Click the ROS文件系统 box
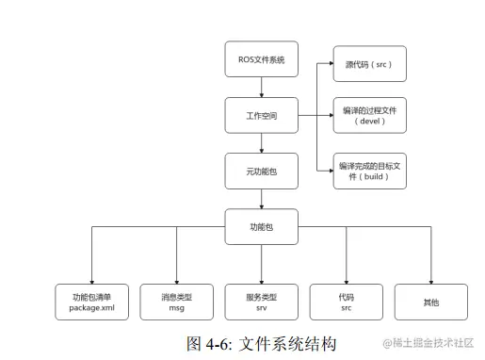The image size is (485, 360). tap(261, 59)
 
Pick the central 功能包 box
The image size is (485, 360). tap(261, 227)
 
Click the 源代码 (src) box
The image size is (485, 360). tap(369, 64)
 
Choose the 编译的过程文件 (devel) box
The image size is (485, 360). tap(369, 116)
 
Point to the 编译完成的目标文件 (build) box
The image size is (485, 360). tap(369, 171)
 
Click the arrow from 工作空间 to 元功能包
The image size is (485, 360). tap(261, 143)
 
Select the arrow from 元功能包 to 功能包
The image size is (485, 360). tap(261, 199)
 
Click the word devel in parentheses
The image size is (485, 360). tap(369, 123)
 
